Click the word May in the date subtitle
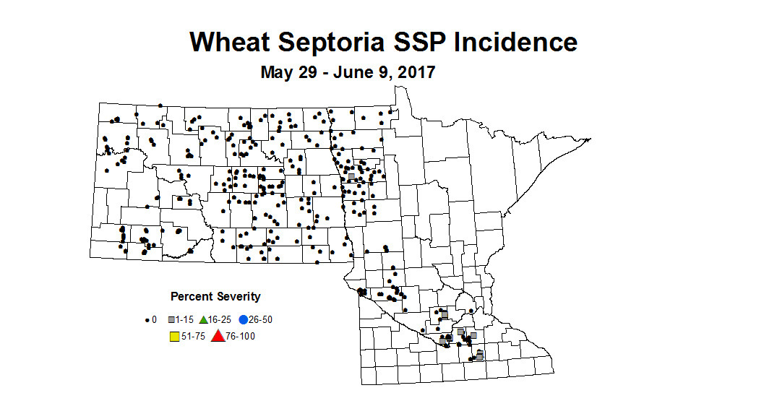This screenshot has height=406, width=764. click(277, 73)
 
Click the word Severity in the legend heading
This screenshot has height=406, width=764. click(238, 297)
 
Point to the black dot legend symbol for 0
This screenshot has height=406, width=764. click(147, 319)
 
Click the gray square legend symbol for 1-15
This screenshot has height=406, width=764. click(172, 319)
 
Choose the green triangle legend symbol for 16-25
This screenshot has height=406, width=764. click(204, 319)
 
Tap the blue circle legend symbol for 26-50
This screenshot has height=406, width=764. click(244, 319)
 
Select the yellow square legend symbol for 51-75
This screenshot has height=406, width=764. click(173, 336)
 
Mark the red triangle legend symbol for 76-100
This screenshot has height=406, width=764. click(218, 336)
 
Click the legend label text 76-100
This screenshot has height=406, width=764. click(241, 336)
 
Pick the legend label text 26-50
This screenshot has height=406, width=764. click(262, 319)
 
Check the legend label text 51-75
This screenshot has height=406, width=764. click(193, 336)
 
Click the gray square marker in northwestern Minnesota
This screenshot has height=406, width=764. click(351, 176)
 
